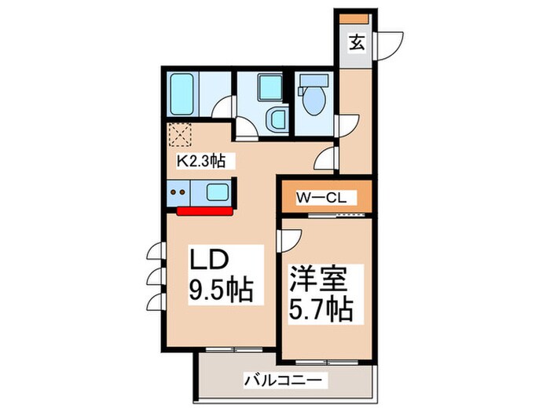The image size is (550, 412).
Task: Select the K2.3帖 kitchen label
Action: pyautogui.click(x=201, y=162)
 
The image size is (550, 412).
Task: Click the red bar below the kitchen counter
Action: pyautogui.click(x=205, y=210)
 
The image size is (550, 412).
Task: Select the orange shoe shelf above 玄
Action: pyautogui.click(x=356, y=16)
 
